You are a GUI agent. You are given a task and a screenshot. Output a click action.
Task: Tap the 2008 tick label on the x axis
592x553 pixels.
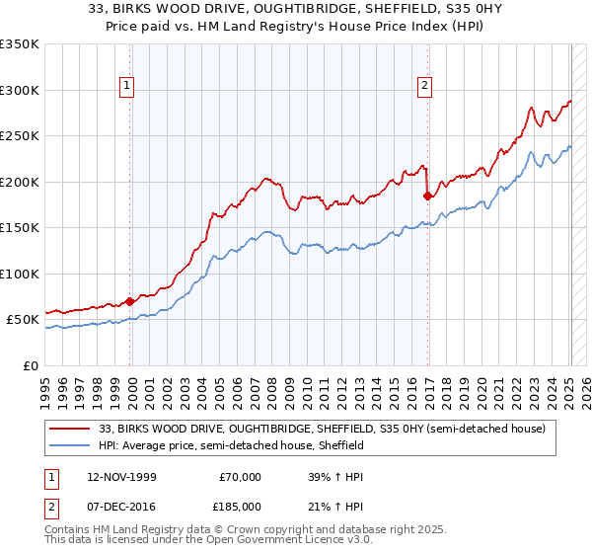272,384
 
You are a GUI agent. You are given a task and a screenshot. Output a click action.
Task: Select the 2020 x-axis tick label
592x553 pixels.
481,384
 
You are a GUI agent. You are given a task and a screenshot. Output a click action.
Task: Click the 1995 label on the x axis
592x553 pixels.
45,384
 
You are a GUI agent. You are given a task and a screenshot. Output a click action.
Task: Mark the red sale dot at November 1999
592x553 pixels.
130,301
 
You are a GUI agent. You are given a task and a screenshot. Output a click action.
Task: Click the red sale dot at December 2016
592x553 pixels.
427,197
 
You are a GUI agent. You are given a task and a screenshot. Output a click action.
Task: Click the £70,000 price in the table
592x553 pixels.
241,477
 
